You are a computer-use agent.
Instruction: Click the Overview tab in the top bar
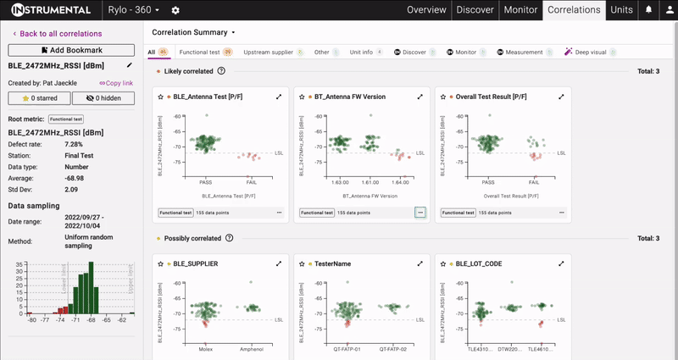(426, 10)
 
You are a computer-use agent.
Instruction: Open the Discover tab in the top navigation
(475, 10)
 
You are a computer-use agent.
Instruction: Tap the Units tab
(620, 10)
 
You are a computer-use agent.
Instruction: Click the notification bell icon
(648, 10)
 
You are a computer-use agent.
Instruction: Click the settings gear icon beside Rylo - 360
(175, 10)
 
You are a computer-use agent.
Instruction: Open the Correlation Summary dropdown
(193, 32)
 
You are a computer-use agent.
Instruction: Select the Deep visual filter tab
(585, 53)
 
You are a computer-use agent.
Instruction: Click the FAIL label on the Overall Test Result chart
(534, 182)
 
